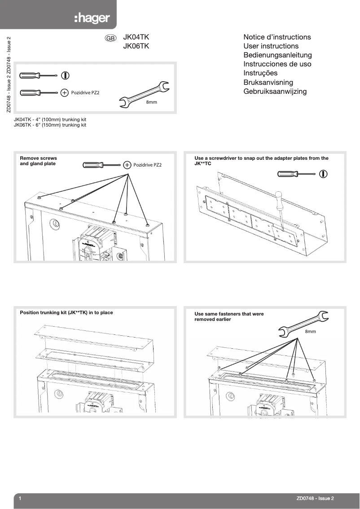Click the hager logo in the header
click(92, 18)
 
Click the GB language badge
click(110, 38)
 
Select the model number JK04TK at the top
click(136, 37)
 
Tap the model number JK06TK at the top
click(136, 46)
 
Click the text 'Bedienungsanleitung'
click(277, 55)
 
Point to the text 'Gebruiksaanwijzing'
click(275, 92)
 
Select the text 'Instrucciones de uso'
click(277, 64)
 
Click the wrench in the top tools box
click(143, 95)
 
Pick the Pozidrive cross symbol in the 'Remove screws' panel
click(127, 165)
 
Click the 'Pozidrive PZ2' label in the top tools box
click(85, 93)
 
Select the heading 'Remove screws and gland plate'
click(39, 161)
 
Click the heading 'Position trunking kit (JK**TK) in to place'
click(66, 312)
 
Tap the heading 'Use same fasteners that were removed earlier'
click(229, 316)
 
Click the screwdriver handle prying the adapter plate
click(279, 199)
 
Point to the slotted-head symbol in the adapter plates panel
click(323, 174)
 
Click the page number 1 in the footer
click(20, 498)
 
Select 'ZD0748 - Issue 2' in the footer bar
click(315, 498)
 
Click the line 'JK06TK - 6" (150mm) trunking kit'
click(50, 125)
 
